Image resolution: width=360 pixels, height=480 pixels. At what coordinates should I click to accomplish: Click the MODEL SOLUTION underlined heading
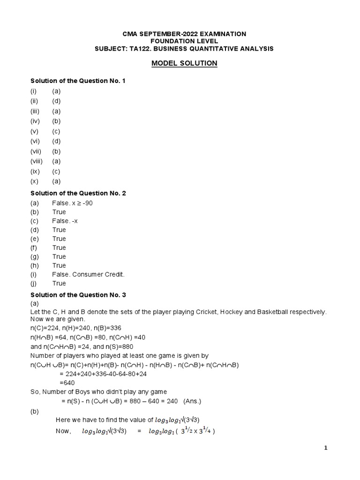click(x=184, y=63)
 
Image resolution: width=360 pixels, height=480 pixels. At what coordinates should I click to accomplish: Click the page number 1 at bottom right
click(x=326, y=448)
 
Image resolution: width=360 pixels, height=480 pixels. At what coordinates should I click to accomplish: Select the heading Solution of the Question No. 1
click(x=78, y=81)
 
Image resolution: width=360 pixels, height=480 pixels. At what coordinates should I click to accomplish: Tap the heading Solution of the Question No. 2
click(x=78, y=193)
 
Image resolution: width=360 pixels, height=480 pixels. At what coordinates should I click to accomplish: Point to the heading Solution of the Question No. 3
click(x=78, y=295)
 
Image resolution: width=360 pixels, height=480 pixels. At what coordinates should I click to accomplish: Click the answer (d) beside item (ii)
click(x=56, y=101)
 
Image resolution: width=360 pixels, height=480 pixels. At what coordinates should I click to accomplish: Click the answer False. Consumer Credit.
click(x=89, y=274)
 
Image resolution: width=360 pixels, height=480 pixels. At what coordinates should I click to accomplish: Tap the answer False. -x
click(x=65, y=221)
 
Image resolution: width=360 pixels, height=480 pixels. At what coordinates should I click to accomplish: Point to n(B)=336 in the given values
click(x=105, y=328)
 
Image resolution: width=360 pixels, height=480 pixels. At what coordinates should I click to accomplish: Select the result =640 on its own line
click(x=67, y=383)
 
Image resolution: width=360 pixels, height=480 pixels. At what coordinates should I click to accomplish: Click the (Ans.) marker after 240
click(x=179, y=401)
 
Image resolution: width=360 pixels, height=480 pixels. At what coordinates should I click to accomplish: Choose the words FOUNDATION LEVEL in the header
click(x=184, y=41)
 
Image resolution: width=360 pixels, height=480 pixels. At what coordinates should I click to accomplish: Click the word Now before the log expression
click(x=63, y=431)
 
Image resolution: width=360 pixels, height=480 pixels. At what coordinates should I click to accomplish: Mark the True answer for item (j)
click(x=59, y=283)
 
